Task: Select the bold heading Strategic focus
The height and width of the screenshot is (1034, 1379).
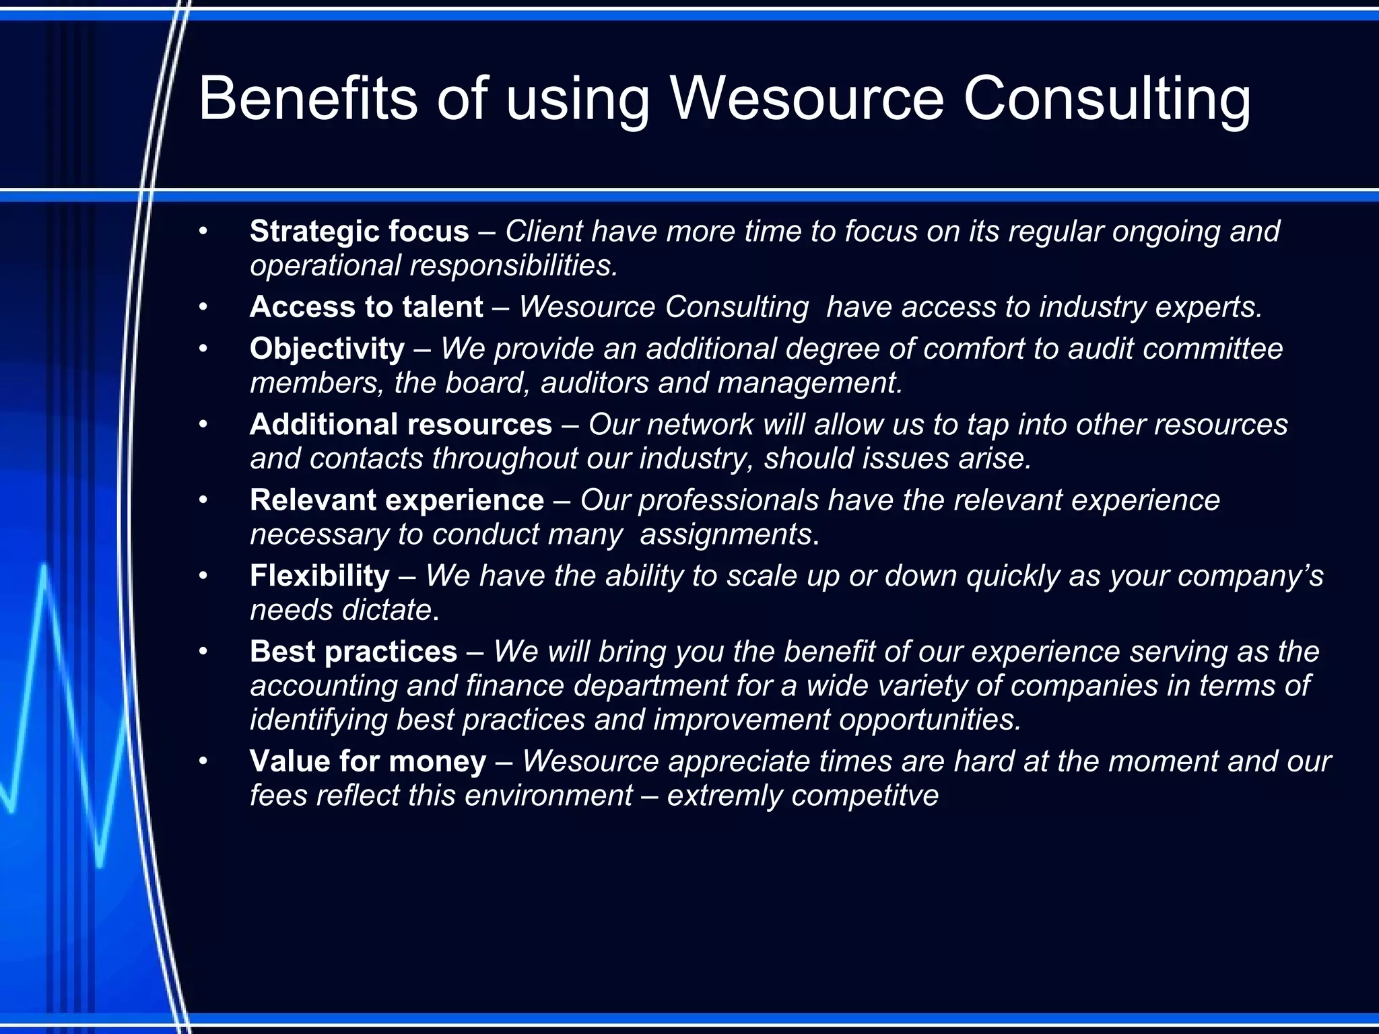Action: point(359,232)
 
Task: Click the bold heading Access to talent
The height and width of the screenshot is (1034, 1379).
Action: point(366,307)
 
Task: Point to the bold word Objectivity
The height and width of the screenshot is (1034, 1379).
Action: point(327,349)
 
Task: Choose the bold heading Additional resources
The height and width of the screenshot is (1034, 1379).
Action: point(401,425)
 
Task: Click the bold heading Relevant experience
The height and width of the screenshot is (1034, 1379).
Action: point(397,500)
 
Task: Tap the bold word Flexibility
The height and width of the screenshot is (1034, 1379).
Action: point(319,576)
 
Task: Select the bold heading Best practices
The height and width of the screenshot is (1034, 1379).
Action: point(354,652)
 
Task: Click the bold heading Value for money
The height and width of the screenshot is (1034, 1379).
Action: point(368,761)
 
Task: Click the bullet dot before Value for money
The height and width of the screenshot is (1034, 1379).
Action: point(203,762)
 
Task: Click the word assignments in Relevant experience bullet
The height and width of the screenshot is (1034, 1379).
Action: point(726,535)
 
